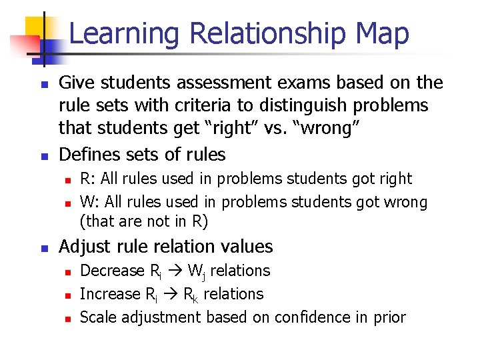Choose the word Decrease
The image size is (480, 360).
pyautogui.click(x=112, y=271)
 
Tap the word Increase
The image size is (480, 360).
pyautogui.click(x=109, y=294)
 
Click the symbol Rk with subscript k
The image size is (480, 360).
pyautogui.click(x=191, y=295)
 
